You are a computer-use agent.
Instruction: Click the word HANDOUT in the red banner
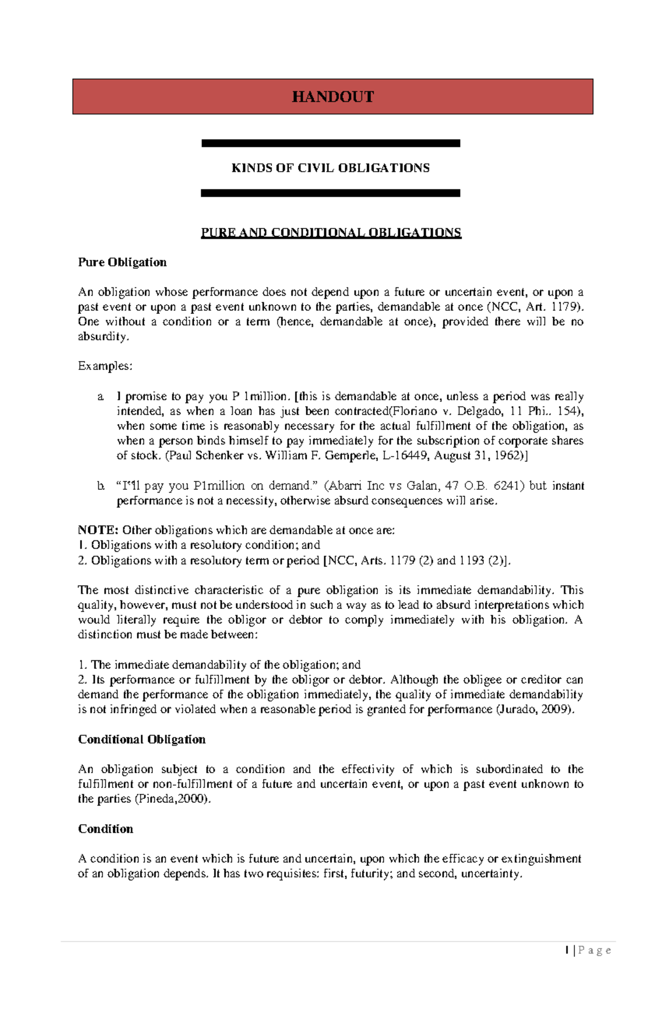(x=333, y=97)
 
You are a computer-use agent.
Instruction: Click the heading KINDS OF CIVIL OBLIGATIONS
(x=330, y=168)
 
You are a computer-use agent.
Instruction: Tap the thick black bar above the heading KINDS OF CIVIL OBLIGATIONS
(x=330, y=143)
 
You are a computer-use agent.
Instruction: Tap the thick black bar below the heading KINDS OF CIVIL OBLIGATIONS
(x=330, y=193)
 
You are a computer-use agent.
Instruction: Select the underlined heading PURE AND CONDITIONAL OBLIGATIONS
(x=330, y=232)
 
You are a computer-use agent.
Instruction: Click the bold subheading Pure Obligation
(x=122, y=262)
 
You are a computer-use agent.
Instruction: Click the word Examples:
(x=105, y=366)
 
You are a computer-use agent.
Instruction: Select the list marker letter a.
(x=100, y=397)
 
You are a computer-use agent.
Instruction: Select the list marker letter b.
(x=100, y=486)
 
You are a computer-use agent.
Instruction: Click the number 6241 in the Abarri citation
(x=506, y=486)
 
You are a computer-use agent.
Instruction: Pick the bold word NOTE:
(x=98, y=531)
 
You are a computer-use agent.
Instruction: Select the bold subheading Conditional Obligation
(x=142, y=740)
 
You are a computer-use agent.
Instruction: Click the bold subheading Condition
(x=105, y=829)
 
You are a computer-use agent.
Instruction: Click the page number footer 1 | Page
(x=588, y=950)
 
